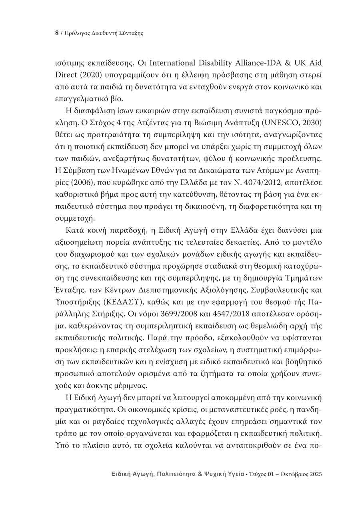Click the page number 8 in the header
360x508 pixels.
pos(56,34)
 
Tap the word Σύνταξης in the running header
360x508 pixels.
pos(131,34)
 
